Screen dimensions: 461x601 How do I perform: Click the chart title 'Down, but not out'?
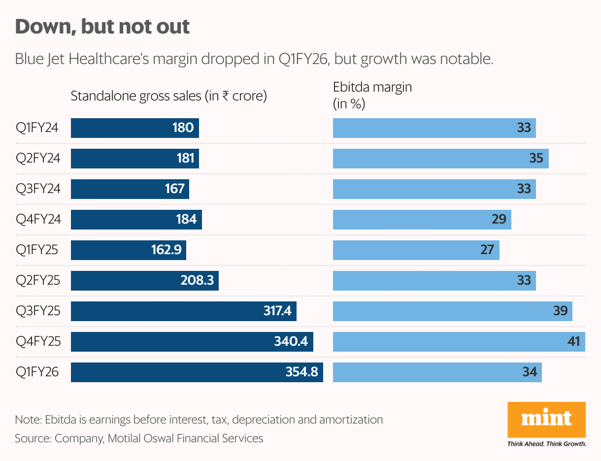(x=102, y=27)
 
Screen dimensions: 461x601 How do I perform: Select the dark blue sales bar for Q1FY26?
(x=197, y=372)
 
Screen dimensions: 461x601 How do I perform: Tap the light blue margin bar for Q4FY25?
(x=459, y=342)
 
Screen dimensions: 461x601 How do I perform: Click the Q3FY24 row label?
(x=38, y=189)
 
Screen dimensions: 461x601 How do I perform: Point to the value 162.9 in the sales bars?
(x=167, y=250)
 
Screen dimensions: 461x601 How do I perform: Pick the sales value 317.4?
(x=277, y=311)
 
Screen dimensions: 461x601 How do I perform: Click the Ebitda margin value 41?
(x=573, y=342)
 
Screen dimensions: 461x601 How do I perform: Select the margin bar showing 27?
(x=416, y=250)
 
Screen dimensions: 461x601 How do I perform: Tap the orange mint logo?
(x=546, y=419)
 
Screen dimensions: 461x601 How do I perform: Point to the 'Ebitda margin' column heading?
(x=372, y=88)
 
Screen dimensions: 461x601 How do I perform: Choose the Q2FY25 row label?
(x=38, y=281)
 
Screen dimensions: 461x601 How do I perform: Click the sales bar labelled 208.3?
(x=144, y=281)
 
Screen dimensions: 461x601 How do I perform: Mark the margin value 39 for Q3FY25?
(x=560, y=311)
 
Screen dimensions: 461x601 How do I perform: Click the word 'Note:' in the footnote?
(x=29, y=420)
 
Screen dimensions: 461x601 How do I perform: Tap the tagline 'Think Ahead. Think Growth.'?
(x=546, y=444)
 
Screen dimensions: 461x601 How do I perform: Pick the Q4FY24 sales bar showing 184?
(x=136, y=220)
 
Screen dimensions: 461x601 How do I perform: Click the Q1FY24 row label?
(x=37, y=128)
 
